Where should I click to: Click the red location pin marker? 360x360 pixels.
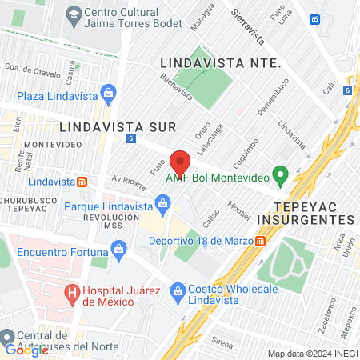(x=181, y=162)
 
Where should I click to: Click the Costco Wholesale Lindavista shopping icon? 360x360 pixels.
(x=178, y=293)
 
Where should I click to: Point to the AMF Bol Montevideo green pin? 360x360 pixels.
(x=280, y=172)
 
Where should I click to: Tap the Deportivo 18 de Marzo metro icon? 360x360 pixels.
(x=261, y=242)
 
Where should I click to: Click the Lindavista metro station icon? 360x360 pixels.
(x=82, y=182)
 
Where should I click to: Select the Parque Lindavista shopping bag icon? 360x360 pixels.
(x=162, y=205)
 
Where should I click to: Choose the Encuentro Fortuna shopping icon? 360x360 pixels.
(x=119, y=250)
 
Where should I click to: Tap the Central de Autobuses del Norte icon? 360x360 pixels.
(x=7, y=336)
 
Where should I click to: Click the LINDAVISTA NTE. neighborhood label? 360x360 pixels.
(x=219, y=62)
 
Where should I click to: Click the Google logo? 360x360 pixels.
(x=26, y=350)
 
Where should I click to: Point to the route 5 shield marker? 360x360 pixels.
(x=130, y=139)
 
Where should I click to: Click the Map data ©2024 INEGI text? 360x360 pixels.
(x=311, y=354)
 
